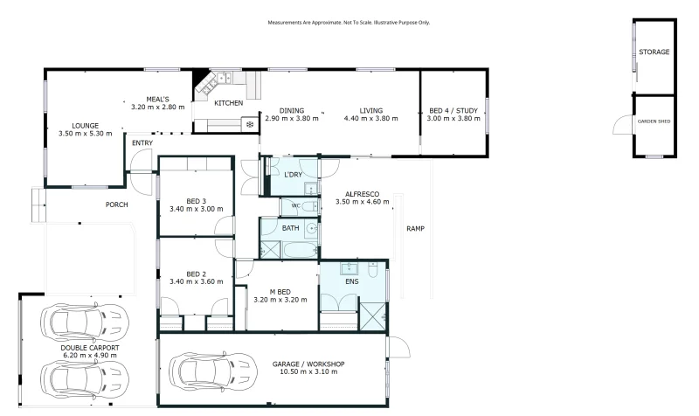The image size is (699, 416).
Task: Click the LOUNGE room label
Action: click(85, 126)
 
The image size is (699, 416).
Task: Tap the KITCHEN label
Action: click(229, 103)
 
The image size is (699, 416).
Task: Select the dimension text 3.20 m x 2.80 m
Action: click(158, 107)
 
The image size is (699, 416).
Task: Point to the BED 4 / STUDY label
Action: click(453, 111)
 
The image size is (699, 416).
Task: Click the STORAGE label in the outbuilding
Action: click(654, 52)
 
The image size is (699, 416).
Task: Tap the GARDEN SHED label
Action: click(654, 121)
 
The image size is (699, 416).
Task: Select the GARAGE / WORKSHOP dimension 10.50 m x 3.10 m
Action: click(308, 371)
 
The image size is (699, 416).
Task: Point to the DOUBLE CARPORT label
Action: click(90, 348)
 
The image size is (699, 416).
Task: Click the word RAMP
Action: click(416, 229)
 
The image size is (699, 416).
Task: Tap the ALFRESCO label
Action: click(363, 194)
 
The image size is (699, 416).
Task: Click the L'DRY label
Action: click(293, 175)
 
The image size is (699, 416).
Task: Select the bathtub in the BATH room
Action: click(300, 250)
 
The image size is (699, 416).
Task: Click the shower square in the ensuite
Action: click(372, 316)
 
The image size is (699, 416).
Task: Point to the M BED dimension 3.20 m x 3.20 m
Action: click(280, 300)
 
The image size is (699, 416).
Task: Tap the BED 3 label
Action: click(196, 201)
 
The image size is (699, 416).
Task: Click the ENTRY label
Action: click(142, 143)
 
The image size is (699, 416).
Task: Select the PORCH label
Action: click(117, 205)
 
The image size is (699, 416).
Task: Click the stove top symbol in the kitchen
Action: click(250, 124)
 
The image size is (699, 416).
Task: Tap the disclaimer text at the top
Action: click(349, 23)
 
